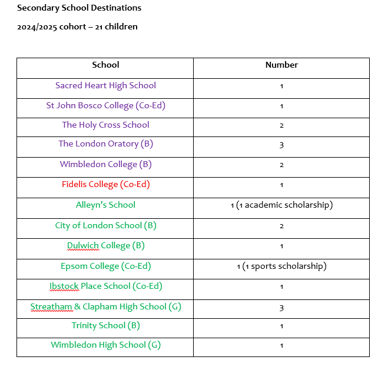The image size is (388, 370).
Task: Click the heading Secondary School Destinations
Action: (x=79, y=8)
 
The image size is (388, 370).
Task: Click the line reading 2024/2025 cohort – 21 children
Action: (x=77, y=26)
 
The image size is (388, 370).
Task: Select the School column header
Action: (x=105, y=65)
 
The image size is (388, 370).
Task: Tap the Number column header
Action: (x=281, y=65)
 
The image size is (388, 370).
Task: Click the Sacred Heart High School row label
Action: (x=105, y=85)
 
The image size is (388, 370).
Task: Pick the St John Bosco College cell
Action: (x=105, y=105)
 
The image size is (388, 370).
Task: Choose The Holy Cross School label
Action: (x=105, y=125)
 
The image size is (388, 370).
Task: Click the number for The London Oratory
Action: (x=281, y=145)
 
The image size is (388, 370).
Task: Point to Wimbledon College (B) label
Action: (x=105, y=164)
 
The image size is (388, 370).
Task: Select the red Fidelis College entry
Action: (x=105, y=184)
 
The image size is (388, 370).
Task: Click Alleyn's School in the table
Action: (x=105, y=205)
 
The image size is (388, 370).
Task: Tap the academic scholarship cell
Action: (x=281, y=205)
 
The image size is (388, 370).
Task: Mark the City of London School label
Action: (x=105, y=225)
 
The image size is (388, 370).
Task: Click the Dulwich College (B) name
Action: (x=105, y=245)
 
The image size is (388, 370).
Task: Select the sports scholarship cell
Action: (x=281, y=266)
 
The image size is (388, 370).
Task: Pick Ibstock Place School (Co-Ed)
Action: (x=105, y=286)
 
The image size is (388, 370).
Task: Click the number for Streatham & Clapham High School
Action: (x=281, y=307)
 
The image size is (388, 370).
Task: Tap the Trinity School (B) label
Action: (x=105, y=325)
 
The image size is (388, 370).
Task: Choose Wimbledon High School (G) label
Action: (x=105, y=345)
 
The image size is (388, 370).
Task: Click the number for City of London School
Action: (x=281, y=226)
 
